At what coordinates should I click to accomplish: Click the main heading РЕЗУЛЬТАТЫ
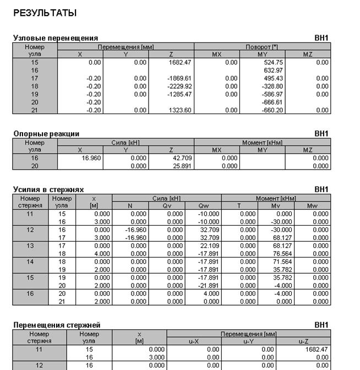coord(45,13)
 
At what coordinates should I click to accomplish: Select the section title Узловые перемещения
coord(55,38)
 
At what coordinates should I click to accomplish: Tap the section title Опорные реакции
coord(46,133)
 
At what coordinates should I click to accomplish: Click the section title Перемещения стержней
coord(57,325)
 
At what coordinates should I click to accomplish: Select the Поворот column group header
coord(263,47)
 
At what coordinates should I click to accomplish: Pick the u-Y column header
coord(249,341)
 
